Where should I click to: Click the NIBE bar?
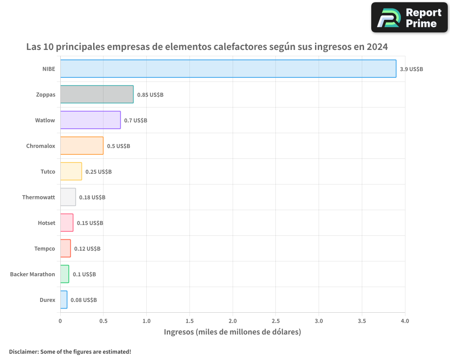[228, 69]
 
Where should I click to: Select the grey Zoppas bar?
[97, 94]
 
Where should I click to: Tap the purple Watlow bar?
[90, 120]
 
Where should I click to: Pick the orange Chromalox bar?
[82, 146]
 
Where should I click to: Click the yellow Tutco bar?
[71, 171]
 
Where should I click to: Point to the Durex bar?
[64, 300]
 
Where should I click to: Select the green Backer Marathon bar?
[65, 274]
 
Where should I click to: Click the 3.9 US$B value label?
[411, 69]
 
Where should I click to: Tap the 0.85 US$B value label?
[150, 95]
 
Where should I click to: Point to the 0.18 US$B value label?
[92, 198]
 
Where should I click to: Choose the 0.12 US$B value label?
[87, 249]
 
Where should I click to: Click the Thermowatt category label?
[39, 197]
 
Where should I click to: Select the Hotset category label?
[47, 223]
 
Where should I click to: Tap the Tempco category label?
[45, 248]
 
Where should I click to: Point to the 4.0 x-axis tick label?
[405, 321]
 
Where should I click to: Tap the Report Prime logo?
[409, 18]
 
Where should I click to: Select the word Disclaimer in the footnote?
[23, 351]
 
